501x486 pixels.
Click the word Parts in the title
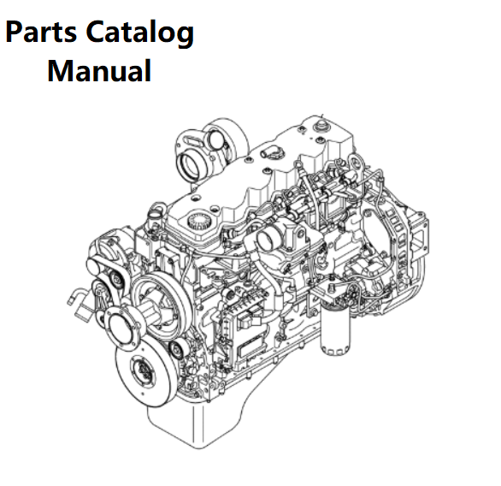(x=41, y=32)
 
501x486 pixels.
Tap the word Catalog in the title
(x=140, y=33)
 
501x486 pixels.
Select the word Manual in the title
(x=99, y=71)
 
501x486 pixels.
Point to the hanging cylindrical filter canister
(x=335, y=329)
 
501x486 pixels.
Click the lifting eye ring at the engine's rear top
(x=357, y=162)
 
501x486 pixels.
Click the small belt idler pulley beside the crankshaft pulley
(x=177, y=349)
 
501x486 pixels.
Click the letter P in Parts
(x=14, y=32)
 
